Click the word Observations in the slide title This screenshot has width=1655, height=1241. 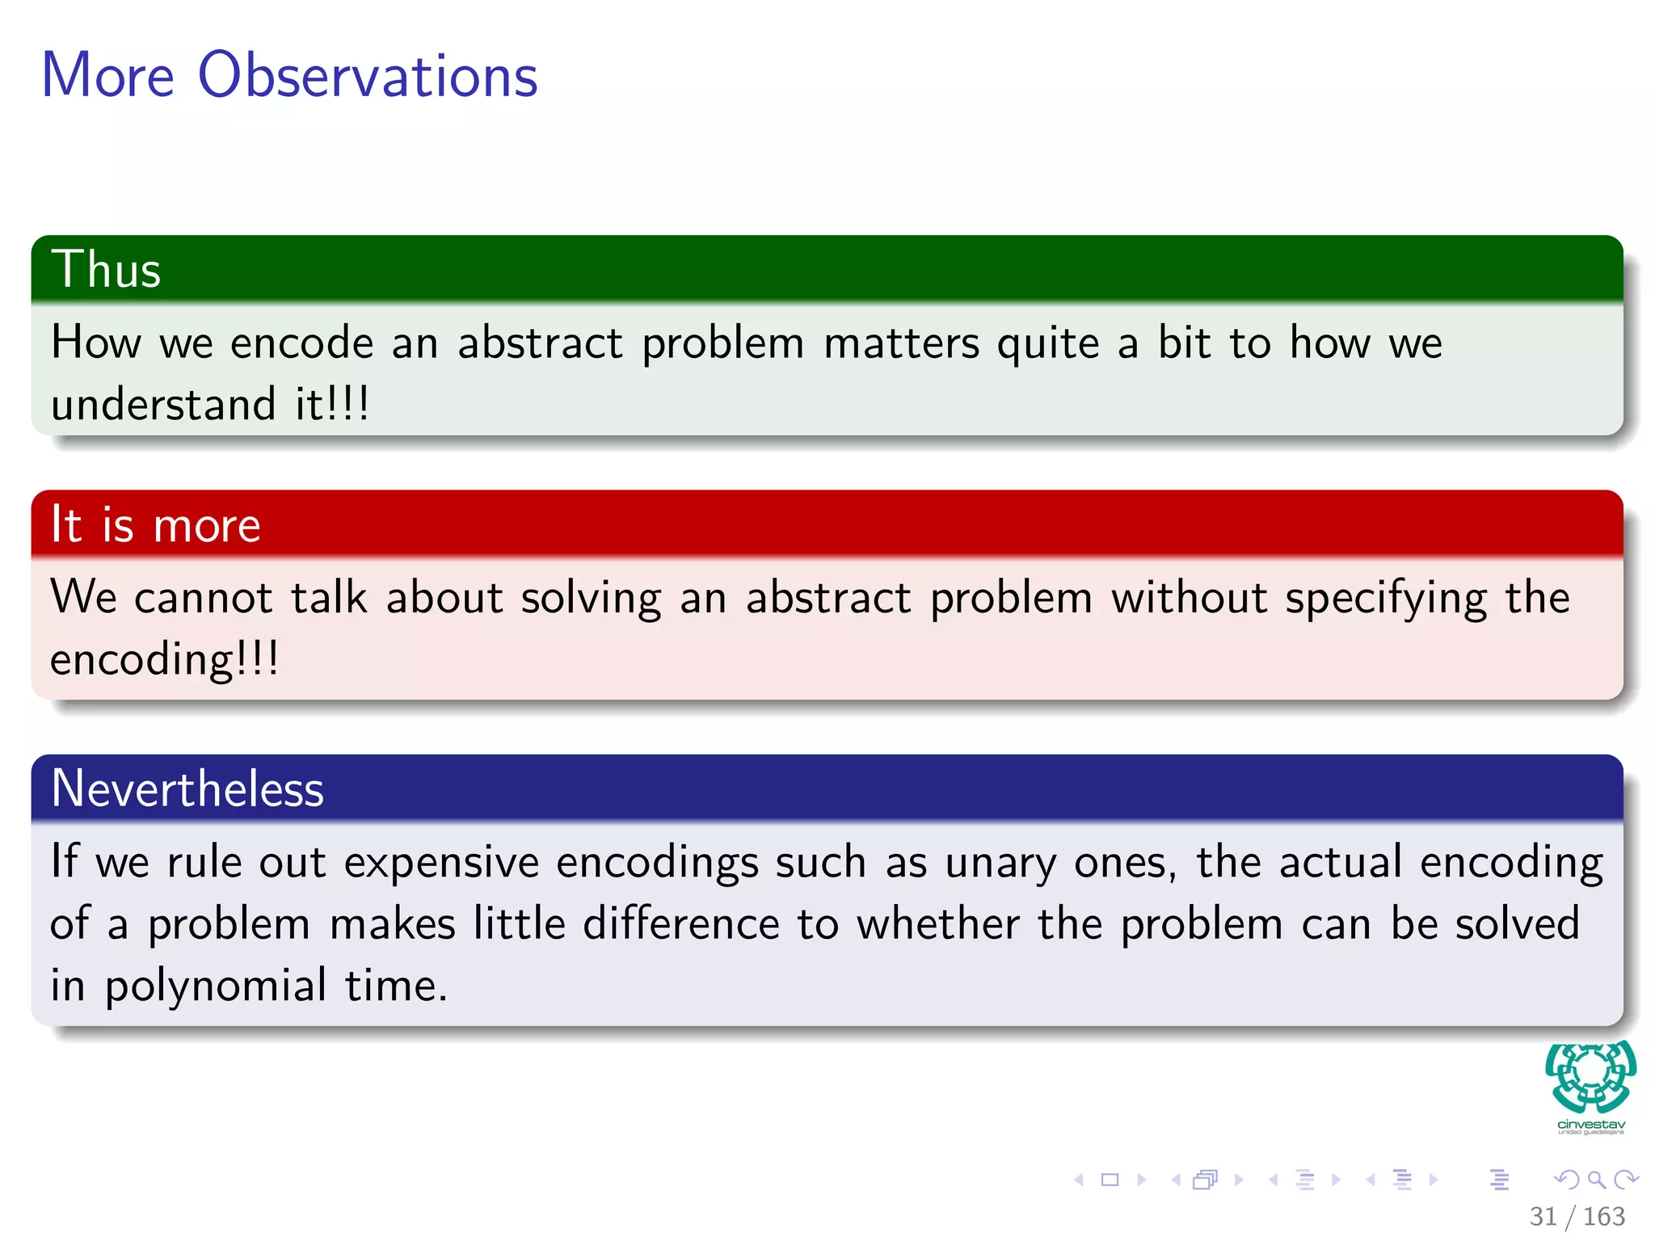[368, 75]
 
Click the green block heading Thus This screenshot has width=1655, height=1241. [106, 269]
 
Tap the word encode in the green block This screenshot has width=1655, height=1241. [301, 343]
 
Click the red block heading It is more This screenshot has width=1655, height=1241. [155, 525]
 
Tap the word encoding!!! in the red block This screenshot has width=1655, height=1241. [164, 659]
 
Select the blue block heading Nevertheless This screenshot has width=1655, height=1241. [187, 789]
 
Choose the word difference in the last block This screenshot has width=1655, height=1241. [681, 923]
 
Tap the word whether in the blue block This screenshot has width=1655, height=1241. [938, 923]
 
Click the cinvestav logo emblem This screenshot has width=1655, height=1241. [1590, 1076]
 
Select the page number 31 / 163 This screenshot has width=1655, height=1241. [1577, 1216]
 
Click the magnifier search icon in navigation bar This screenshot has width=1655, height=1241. [1596, 1180]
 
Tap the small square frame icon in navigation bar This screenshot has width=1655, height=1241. [1110, 1180]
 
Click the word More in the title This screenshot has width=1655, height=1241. [107, 75]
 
